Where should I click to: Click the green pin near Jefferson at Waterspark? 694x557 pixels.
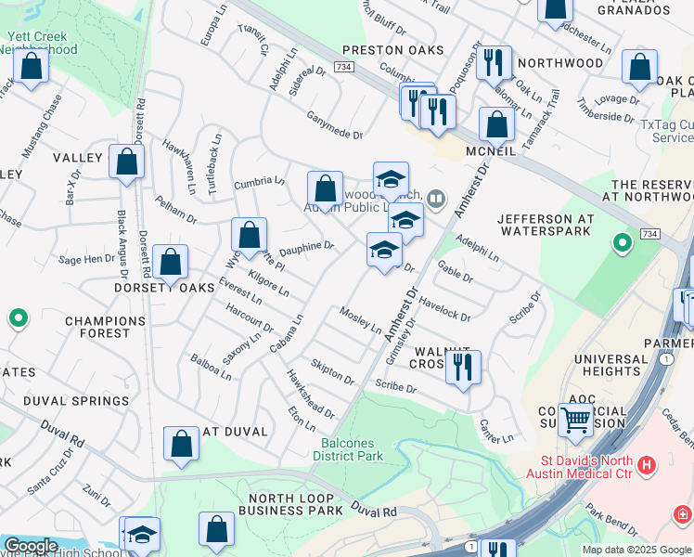pos(622,244)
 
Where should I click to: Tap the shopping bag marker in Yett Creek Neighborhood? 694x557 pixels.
pos(31,67)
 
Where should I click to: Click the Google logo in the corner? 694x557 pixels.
pos(30,546)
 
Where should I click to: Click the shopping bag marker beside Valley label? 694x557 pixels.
pos(126,162)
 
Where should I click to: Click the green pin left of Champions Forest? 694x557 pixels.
pos(18,319)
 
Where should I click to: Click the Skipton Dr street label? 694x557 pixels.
pos(333,371)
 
